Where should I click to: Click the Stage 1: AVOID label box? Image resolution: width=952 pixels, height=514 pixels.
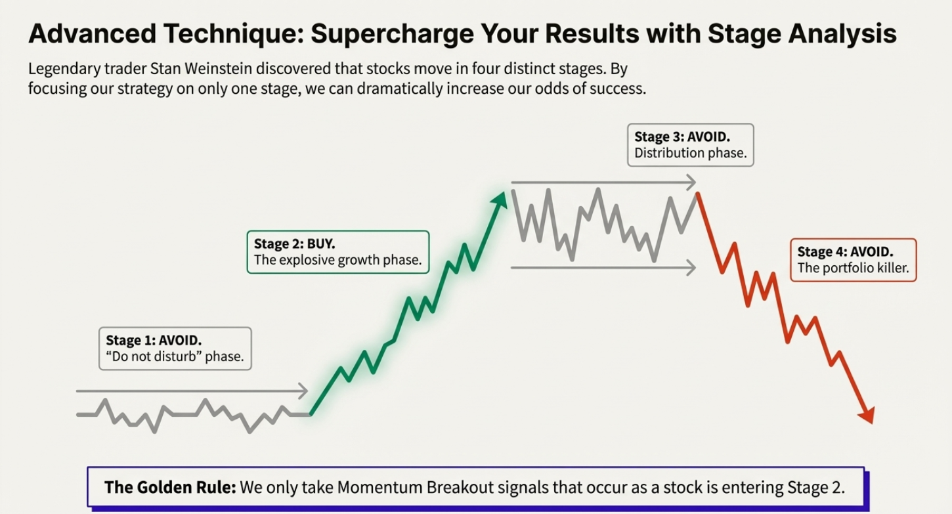[175, 349]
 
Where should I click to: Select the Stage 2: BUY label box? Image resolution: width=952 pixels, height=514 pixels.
[337, 251]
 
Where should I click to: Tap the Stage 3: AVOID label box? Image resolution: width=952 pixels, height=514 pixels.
[690, 144]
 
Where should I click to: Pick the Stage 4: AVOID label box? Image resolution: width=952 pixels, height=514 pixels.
[853, 260]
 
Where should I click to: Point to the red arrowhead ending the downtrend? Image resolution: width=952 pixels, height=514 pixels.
[867, 416]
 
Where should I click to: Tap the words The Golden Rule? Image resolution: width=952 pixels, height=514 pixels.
[170, 488]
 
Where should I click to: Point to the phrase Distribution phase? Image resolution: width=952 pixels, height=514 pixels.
[690, 153]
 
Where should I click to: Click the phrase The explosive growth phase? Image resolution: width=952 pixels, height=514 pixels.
[337, 260]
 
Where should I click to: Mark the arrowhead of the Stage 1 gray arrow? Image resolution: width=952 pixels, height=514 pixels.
[303, 391]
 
